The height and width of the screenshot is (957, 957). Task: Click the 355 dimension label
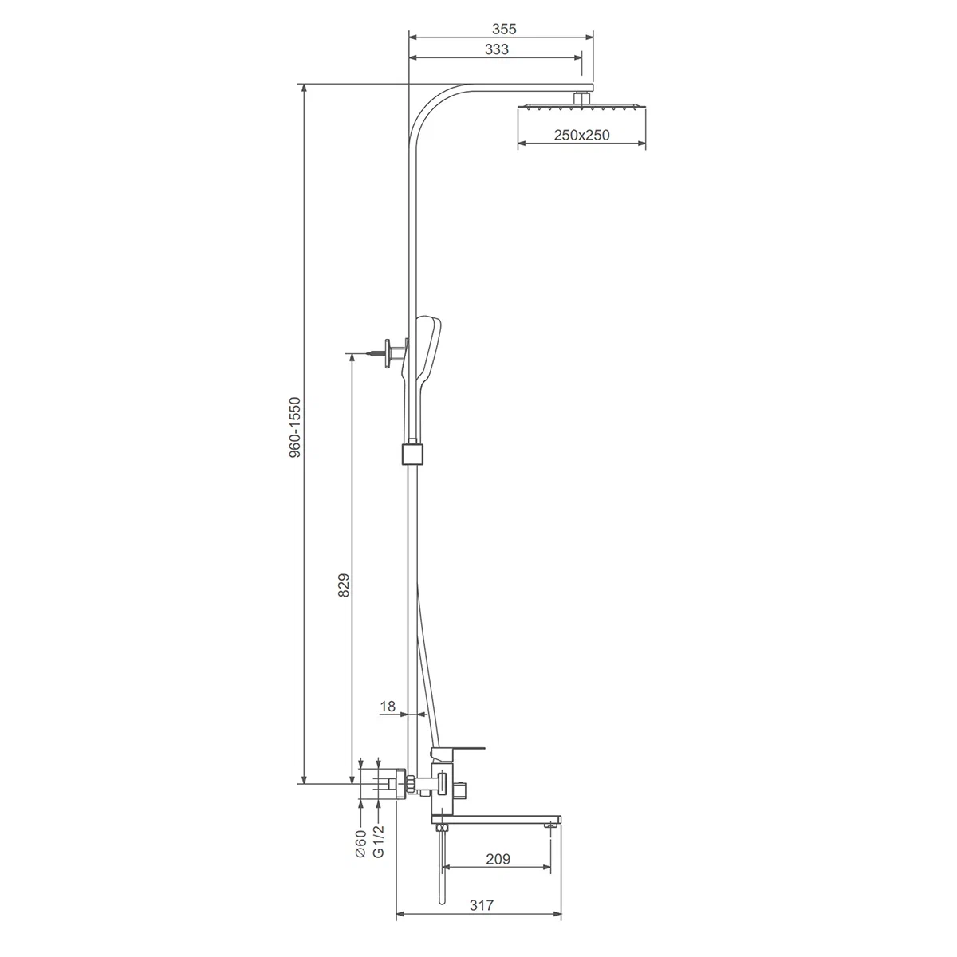coord(504,29)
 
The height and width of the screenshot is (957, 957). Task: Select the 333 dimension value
coord(497,49)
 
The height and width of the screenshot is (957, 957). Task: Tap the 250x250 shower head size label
coord(581,135)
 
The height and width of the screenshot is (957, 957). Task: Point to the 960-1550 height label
coord(295,427)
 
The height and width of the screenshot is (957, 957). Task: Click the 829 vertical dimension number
coord(344,585)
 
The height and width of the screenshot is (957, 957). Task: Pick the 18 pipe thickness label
coord(388,707)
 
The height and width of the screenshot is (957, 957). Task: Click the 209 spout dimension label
coord(498,873)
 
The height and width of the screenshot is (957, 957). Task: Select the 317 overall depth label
coord(481,919)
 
